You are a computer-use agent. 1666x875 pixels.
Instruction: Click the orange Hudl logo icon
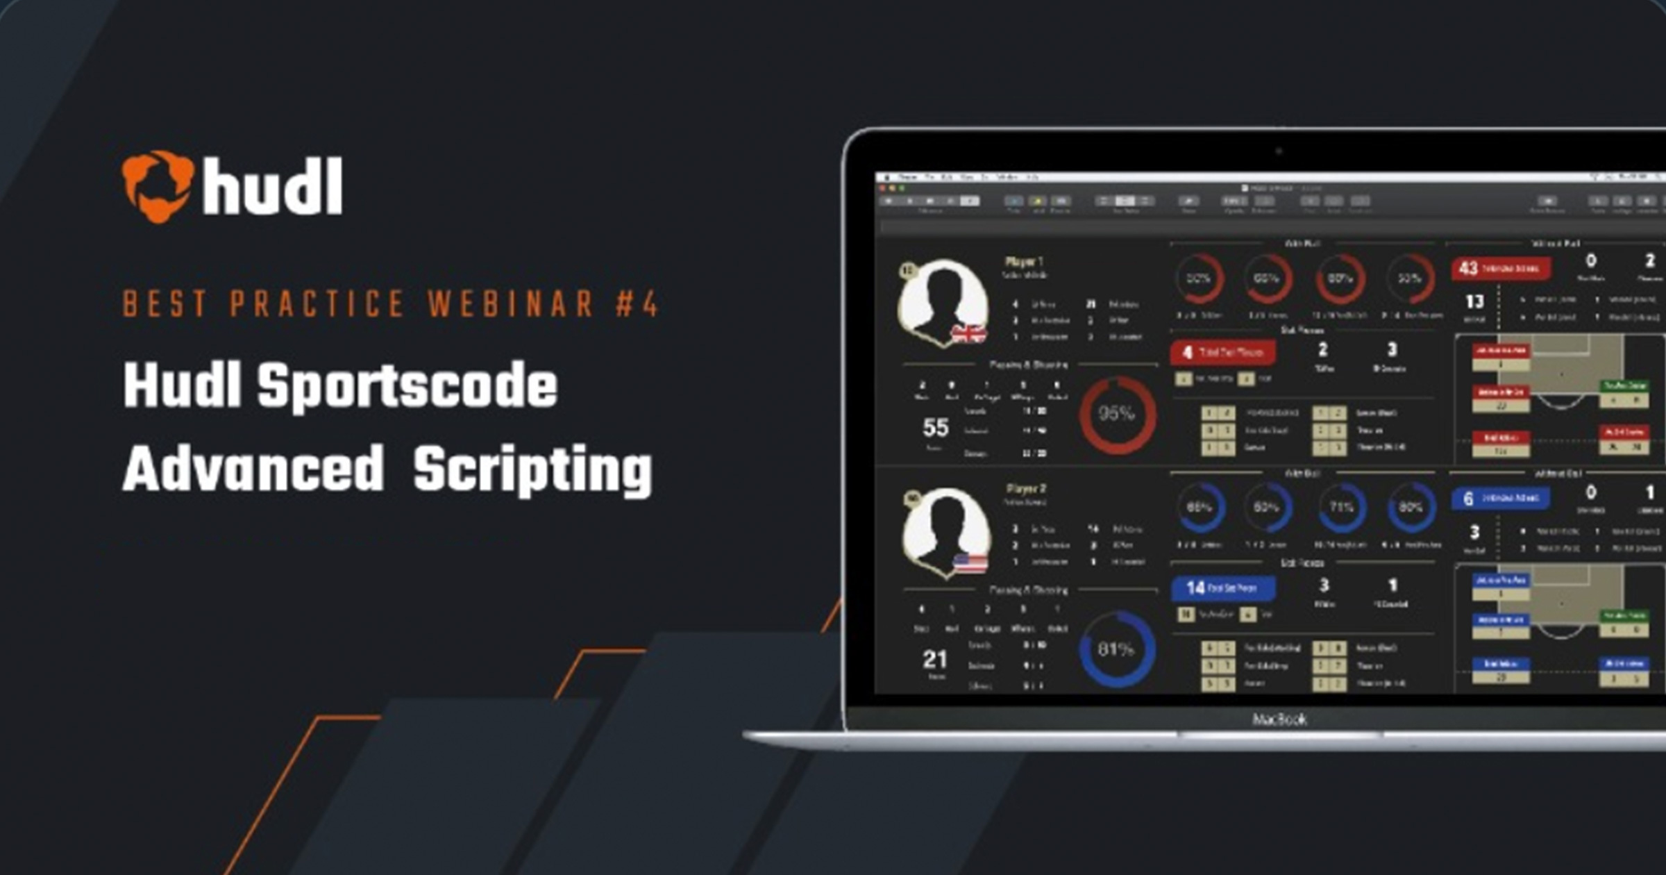click(x=158, y=186)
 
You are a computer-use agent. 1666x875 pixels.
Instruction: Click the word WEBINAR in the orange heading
click(x=511, y=304)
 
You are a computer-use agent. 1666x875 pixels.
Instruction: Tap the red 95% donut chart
click(x=1117, y=415)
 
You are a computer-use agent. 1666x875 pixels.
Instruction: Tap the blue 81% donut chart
click(x=1116, y=650)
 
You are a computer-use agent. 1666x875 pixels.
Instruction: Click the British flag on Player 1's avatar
click(x=968, y=335)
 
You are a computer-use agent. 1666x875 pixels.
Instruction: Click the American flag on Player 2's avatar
click(x=970, y=562)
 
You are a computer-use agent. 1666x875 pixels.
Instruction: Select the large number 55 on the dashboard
click(x=935, y=428)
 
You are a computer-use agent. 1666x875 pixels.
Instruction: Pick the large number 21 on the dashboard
click(x=935, y=659)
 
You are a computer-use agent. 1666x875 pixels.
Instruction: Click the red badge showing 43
click(x=1499, y=268)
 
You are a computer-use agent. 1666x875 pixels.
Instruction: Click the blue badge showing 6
click(x=1499, y=498)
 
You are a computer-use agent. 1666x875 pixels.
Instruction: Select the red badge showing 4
click(x=1222, y=353)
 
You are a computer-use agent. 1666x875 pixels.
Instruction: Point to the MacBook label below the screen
click(x=1279, y=719)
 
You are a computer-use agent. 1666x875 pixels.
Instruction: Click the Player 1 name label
click(x=1024, y=262)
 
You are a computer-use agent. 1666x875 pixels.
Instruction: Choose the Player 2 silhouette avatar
click(x=945, y=529)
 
